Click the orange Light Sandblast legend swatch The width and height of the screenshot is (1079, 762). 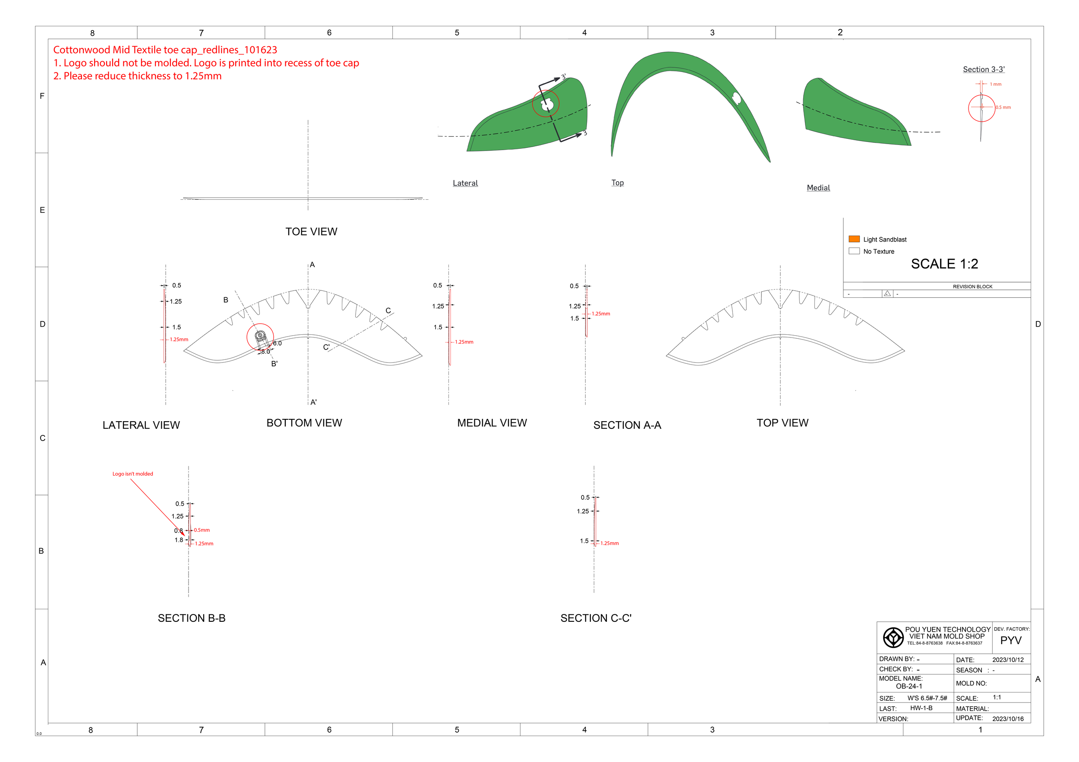[x=854, y=239]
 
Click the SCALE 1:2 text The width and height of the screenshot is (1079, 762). [x=944, y=264]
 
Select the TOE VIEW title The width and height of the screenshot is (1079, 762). [x=311, y=232]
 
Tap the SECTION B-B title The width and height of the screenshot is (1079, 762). [x=191, y=618]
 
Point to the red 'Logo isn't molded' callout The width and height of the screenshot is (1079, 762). [x=133, y=474]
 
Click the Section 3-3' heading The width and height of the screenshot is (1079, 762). [x=984, y=69]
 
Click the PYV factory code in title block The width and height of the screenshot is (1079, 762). [x=1010, y=640]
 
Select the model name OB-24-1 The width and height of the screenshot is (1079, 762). [x=909, y=686]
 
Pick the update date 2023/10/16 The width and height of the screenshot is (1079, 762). [x=1007, y=719]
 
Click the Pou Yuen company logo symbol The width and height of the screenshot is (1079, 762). [x=893, y=637]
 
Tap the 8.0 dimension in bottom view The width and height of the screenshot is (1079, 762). [x=265, y=351]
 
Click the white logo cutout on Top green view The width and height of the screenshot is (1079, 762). [x=736, y=98]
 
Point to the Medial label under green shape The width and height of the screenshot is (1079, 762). [x=818, y=188]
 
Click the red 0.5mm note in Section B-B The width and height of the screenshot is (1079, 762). [x=202, y=530]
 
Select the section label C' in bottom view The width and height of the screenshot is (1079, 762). [x=326, y=347]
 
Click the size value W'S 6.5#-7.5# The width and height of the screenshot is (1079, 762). [x=927, y=698]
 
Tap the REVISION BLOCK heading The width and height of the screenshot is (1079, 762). [x=972, y=287]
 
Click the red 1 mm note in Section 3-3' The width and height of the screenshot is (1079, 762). [x=995, y=85]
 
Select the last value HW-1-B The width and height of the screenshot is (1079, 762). [x=921, y=708]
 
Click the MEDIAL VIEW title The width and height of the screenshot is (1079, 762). [x=492, y=423]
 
